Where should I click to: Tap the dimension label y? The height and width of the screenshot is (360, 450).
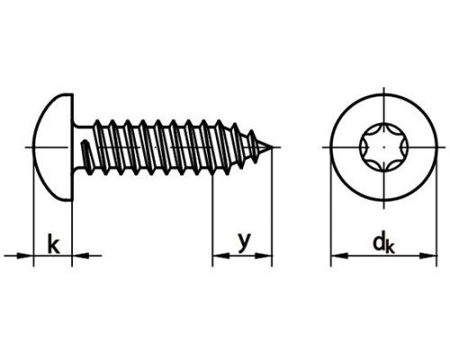(244, 241)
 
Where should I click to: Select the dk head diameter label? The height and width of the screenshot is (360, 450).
(383, 244)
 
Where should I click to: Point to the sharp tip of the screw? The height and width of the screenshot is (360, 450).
(273, 147)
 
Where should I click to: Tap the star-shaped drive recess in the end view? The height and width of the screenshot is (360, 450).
(384, 148)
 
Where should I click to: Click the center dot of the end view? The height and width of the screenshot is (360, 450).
(384, 148)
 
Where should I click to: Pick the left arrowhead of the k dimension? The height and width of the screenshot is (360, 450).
(24, 256)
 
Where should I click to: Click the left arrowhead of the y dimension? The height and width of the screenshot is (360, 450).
(221, 256)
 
